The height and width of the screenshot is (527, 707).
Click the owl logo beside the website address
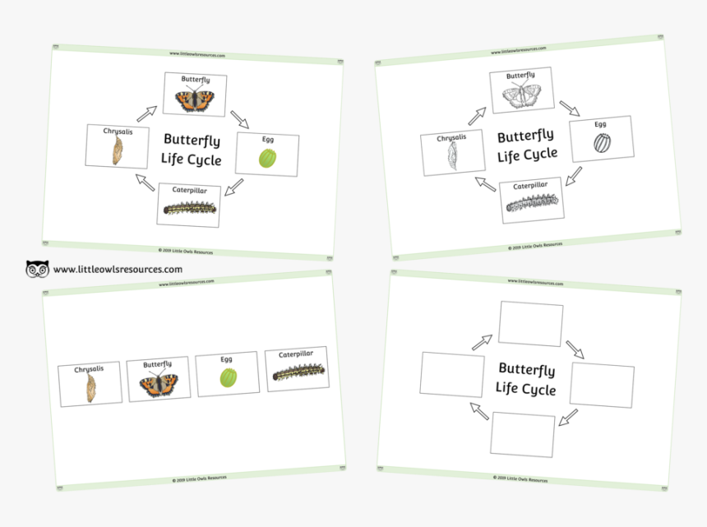pyautogui.click(x=37, y=269)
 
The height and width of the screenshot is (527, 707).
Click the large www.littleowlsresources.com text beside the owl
pyautogui.click(x=118, y=269)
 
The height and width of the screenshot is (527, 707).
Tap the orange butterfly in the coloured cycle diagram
pyautogui.click(x=195, y=100)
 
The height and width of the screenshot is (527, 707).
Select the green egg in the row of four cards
pyautogui.click(x=228, y=378)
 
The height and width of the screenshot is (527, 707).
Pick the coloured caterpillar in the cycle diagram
pyautogui.click(x=190, y=209)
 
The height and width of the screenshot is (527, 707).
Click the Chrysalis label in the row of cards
pyautogui.click(x=90, y=370)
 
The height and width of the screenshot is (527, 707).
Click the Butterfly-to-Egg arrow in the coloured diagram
pyautogui.click(x=239, y=119)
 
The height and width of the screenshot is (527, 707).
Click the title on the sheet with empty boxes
pyautogui.click(x=526, y=379)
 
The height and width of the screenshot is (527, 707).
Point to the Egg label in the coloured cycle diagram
pyautogui.click(x=268, y=140)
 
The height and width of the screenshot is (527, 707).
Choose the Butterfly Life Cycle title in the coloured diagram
pyautogui.click(x=192, y=150)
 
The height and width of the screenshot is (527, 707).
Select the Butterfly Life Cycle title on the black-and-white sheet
pyautogui.click(x=526, y=145)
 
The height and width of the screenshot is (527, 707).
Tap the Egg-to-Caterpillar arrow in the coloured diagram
pyautogui.click(x=233, y=187)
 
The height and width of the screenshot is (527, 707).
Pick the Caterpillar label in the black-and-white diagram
pyautogui.click(x=531, y=186)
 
